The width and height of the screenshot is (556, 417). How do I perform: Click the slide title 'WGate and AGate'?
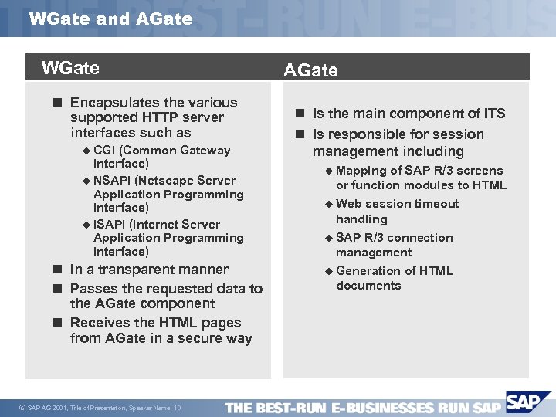click(x=110, y=19)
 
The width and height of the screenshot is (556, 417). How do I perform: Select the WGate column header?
click(x=70, y=68)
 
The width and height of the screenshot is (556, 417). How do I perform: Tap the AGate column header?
click(x=310, y=70)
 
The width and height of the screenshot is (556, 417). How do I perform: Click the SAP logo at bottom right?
click(x=526, y=403)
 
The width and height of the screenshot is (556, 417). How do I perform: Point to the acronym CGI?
click(x=105, y=151)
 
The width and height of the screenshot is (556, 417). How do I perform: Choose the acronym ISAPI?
click(x=110, y=225)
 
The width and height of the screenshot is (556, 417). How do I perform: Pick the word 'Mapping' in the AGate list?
click(x=361, y=171)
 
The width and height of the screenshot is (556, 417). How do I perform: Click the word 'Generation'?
click(x=372, y=271)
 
